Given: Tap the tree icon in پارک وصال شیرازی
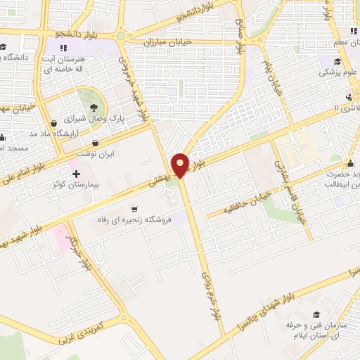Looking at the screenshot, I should point(94,108).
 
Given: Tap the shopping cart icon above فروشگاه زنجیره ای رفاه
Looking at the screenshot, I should point(134,209).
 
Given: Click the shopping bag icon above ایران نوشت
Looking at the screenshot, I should point(94,143).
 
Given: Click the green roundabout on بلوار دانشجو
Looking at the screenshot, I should point(120,36).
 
